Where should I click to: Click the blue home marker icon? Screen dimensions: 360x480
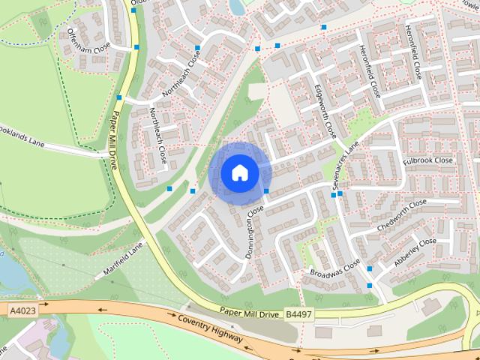coord(239,173)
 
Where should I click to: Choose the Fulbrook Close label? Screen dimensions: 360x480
coord(428,161)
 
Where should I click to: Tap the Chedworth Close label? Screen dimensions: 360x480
coord(402,214)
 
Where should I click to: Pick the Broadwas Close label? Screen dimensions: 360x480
coord(335,268)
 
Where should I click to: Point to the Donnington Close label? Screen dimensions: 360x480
coord(255,232)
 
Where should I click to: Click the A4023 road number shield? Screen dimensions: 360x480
coord(22,309)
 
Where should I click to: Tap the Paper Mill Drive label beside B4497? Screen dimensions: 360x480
coord(249,313)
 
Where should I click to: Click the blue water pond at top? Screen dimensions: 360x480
coord(237,6)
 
